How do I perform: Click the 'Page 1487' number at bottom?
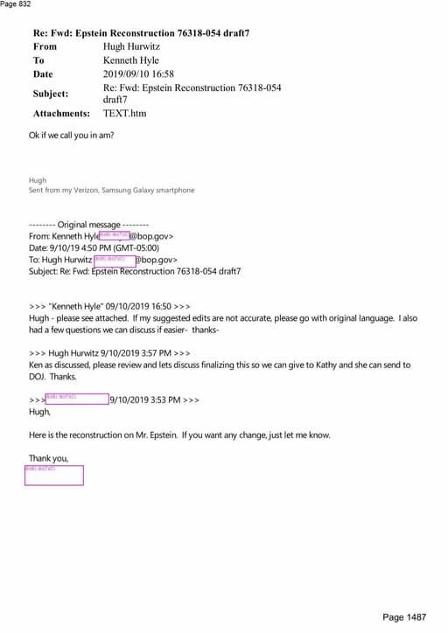(404, 618)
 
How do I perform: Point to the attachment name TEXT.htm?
(124, 114)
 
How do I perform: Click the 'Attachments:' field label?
(61, 114)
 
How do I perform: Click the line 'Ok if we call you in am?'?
(72, 136)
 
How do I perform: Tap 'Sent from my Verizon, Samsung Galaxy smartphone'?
(112, 190)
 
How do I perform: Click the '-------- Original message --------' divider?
(88, 225)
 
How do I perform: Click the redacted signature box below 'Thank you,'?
(54, 475)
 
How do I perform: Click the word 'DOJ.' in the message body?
(38, 377)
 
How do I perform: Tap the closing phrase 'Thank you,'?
(48, 458)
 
